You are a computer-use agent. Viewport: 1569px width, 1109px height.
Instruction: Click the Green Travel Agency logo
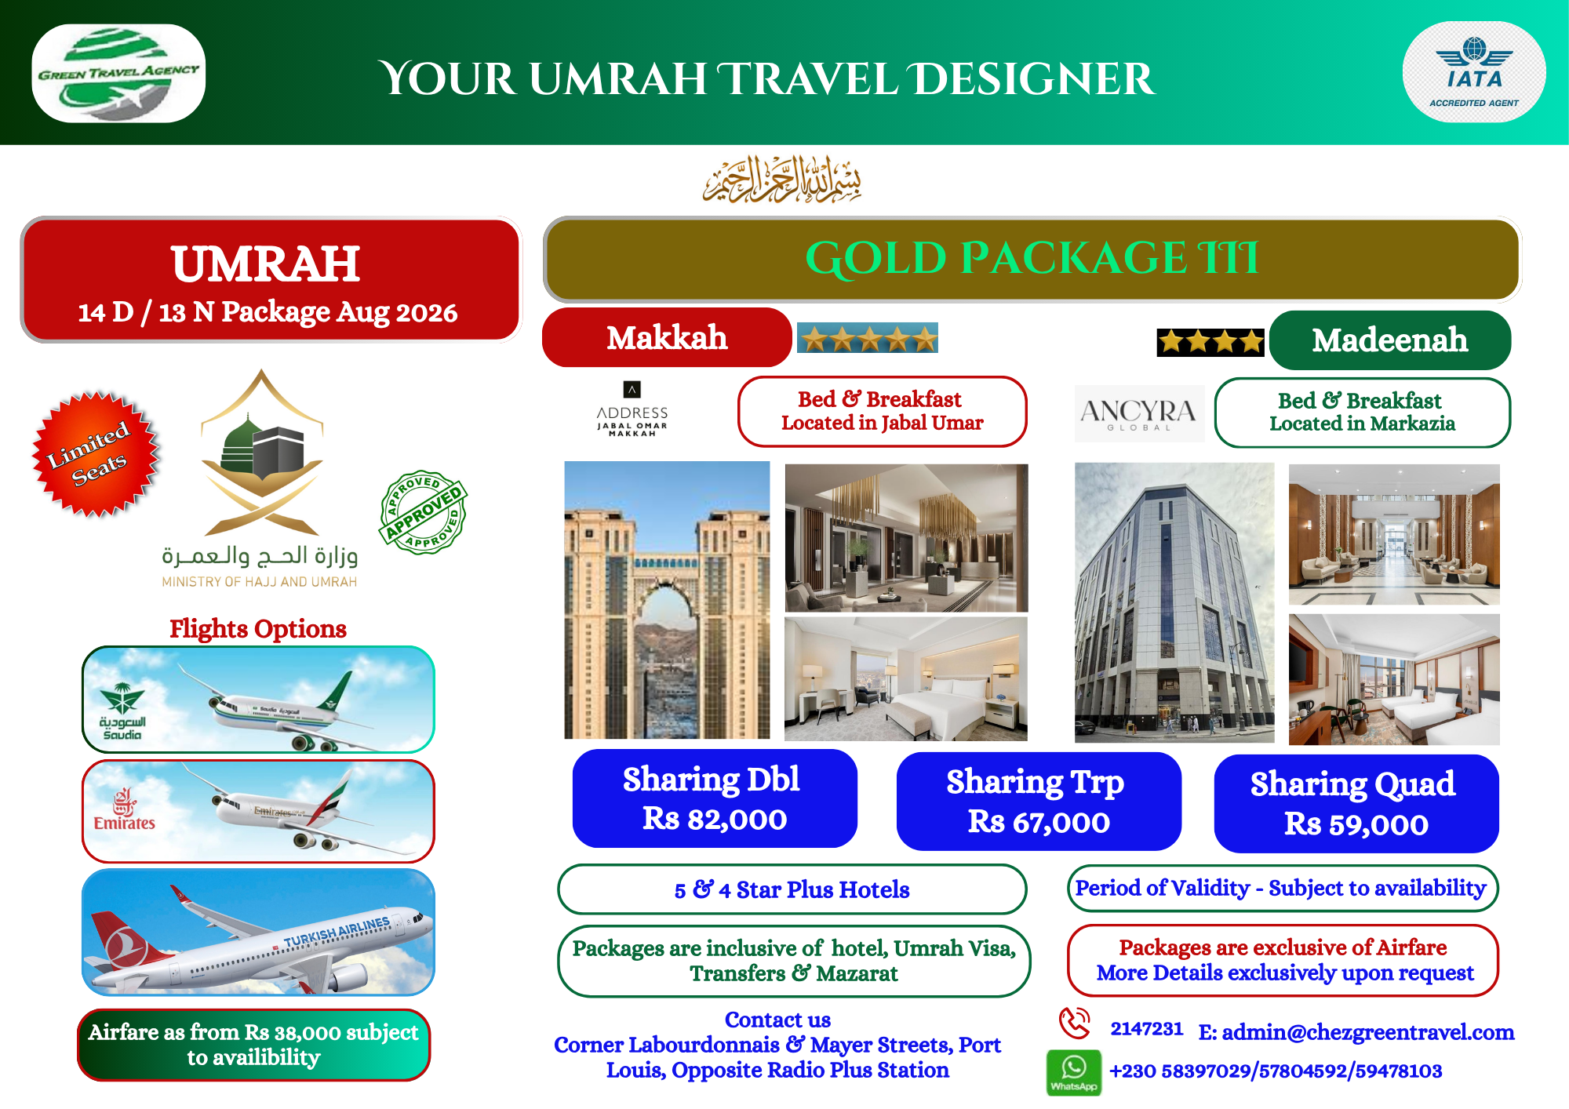118,73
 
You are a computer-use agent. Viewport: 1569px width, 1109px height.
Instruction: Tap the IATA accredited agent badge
1474,72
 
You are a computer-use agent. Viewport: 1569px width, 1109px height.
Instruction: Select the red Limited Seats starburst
96,454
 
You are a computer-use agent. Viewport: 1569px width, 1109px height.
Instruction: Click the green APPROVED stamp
424,512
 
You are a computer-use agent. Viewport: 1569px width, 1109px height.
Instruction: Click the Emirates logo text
124,823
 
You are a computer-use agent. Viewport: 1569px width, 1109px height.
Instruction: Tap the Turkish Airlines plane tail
126,941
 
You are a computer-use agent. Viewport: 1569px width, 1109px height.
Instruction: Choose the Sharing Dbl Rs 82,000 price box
714,798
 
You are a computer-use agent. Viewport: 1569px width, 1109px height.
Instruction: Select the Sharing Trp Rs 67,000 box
1039,801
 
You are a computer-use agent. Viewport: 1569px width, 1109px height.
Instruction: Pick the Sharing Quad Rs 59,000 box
1356,803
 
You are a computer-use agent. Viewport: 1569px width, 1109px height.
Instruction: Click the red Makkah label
667,337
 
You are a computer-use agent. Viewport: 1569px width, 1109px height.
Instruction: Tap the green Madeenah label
1390,340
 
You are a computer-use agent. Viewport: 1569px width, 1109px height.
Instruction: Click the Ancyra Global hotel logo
1139,413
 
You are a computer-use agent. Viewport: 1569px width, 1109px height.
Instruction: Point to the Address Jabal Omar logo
632,409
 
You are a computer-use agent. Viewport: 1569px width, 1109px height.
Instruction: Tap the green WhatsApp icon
1073,1072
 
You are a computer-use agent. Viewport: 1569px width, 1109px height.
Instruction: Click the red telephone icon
1075,1023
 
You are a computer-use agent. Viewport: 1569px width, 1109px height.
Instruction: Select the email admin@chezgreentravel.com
1356,1032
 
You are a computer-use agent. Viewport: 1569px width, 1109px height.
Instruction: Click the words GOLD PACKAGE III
1032,258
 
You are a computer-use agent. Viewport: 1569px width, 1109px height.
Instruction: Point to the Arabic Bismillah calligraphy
782,180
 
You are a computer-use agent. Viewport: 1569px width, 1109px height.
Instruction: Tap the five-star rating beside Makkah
868,338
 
